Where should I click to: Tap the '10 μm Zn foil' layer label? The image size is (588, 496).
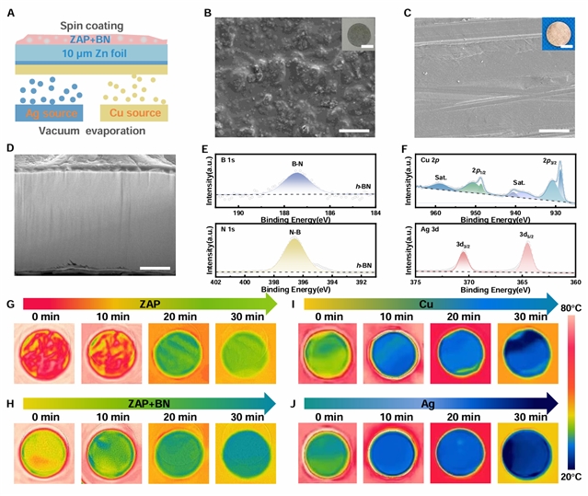(x=91, y=53)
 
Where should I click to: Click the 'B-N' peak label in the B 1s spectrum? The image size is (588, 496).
(x=297, y=164)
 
